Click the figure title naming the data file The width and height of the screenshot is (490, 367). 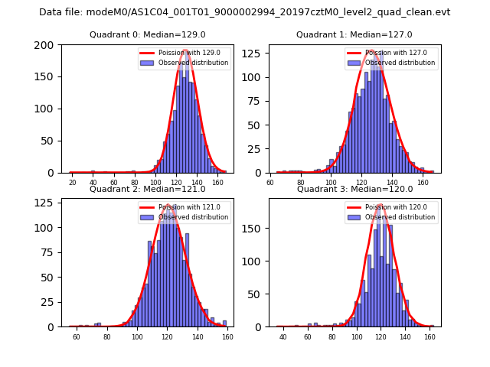click(x=245, y=12)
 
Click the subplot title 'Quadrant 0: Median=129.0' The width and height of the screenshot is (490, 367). click(x=148, y=35)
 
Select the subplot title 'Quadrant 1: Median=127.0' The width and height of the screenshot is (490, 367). click(x=354, y=35)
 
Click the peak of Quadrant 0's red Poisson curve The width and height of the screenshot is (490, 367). click(x=185, y=50)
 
